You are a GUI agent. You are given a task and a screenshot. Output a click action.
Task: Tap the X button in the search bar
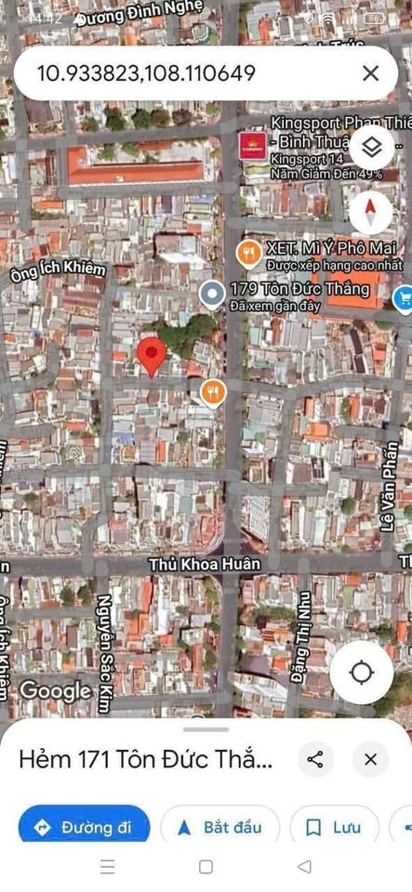click(370, 73)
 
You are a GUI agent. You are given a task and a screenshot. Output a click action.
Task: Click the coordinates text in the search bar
click(144, 73)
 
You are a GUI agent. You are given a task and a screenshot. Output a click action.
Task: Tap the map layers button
click(370, 148)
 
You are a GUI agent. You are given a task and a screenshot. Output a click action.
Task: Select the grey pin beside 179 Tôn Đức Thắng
click(212, 294)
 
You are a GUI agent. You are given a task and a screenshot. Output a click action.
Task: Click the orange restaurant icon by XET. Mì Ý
click(247, 251)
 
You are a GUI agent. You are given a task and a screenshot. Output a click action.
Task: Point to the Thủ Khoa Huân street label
click(205, 564)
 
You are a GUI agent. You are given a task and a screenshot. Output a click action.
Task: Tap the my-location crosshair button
click(361, 673)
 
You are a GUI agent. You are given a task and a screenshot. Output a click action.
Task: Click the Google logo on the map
click(55, 690)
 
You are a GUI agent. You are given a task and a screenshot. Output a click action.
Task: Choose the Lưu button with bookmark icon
click(334, 827)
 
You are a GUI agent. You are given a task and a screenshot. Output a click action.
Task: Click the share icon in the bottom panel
click(315, 759)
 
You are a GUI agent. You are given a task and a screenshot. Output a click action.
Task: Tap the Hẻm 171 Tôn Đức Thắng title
click(146, 760)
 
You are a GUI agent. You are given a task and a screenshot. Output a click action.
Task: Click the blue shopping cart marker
click(404, 297)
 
